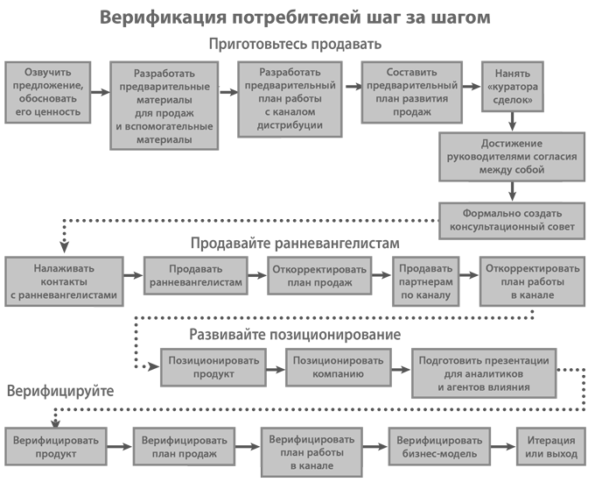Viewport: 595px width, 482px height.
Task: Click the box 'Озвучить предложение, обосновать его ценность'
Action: pos(48,92)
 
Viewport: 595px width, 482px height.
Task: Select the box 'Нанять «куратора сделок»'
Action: pos(513,87)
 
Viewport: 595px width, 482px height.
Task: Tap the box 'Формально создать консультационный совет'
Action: pos(512,221)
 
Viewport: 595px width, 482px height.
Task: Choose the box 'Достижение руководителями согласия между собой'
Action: pos(512,157)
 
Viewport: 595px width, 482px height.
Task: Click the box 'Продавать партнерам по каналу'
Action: pos(426,281)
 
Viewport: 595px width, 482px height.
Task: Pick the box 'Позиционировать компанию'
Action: pos(338,367)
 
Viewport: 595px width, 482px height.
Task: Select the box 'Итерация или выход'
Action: pos(551,446)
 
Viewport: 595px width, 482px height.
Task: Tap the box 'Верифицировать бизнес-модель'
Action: pos(439,446)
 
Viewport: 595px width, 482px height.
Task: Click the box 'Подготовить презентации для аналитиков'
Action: pos(484,373)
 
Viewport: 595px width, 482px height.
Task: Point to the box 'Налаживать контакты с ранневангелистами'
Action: pos(64,281)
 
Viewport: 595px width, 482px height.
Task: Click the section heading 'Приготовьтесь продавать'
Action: pos(295,45)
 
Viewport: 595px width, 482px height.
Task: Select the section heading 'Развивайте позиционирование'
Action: pos(295,335)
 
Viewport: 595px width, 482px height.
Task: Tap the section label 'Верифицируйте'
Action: pos(60,391)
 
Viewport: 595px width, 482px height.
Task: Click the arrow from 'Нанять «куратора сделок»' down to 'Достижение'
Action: pos(512,122)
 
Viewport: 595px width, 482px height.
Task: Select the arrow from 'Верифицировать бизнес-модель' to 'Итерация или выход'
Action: pos(503,446)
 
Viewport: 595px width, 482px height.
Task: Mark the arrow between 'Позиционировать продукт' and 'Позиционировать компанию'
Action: pos(276,369)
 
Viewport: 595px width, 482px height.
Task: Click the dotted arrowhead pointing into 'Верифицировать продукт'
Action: pos(56,422)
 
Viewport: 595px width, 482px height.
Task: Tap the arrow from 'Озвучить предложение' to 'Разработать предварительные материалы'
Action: pos(101,92)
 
